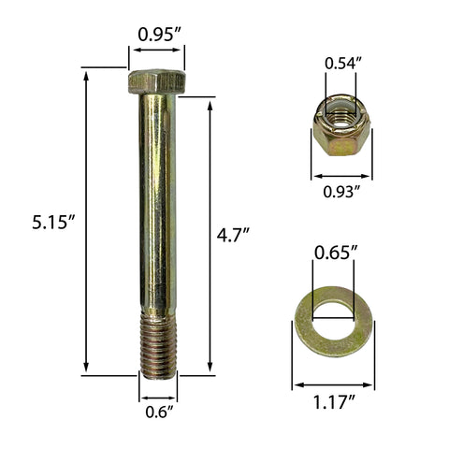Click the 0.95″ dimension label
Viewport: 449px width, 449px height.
(x=159, y=34)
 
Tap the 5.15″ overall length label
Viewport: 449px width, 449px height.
(x=53, y=223)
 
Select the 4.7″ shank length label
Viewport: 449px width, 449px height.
(x=233, y=235)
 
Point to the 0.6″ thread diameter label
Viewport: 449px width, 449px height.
(x=159, y=412)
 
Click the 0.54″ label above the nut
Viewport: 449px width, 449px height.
(x=342, y=64)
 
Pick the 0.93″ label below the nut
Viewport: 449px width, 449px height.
(x=341, y=192)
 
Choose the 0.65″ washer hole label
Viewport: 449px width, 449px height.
(x=335, y=253)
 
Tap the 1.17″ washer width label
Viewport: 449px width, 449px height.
(x=334, y=402)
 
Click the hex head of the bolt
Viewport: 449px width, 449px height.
(x=156, y=81)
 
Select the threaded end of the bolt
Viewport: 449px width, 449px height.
(x=158, y=346)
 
